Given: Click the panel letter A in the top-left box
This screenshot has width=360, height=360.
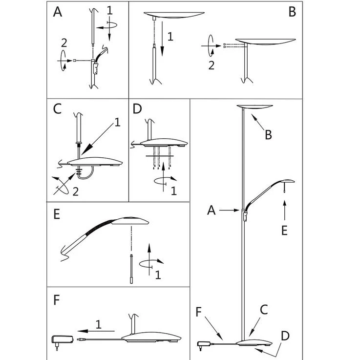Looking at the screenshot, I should (58, 12).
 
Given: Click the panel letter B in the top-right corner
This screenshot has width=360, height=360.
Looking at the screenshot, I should (292, 12).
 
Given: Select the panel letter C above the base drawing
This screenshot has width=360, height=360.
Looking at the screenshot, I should (58, 108).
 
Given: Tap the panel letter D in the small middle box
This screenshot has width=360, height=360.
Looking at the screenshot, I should (137, 108).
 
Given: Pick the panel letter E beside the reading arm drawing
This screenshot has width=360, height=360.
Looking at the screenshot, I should (57, 215).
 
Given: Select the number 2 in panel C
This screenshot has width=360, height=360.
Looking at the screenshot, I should (75, 191).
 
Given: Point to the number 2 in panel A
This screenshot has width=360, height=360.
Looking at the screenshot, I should (63, 43).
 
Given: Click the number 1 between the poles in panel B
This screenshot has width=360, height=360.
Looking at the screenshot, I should (169, 36).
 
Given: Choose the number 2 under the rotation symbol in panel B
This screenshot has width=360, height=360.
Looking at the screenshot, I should (211, 65).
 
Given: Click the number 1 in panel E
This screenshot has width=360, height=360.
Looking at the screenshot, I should (158, 275).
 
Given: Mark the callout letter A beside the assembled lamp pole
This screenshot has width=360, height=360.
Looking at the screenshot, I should (211, 210).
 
